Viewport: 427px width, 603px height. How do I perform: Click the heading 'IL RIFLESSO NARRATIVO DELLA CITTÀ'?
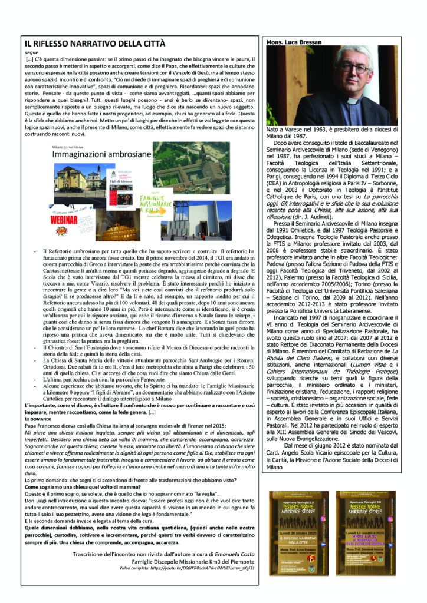[x=95, y=44]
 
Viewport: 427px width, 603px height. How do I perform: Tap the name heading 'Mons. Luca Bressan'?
[x=293, y=43]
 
